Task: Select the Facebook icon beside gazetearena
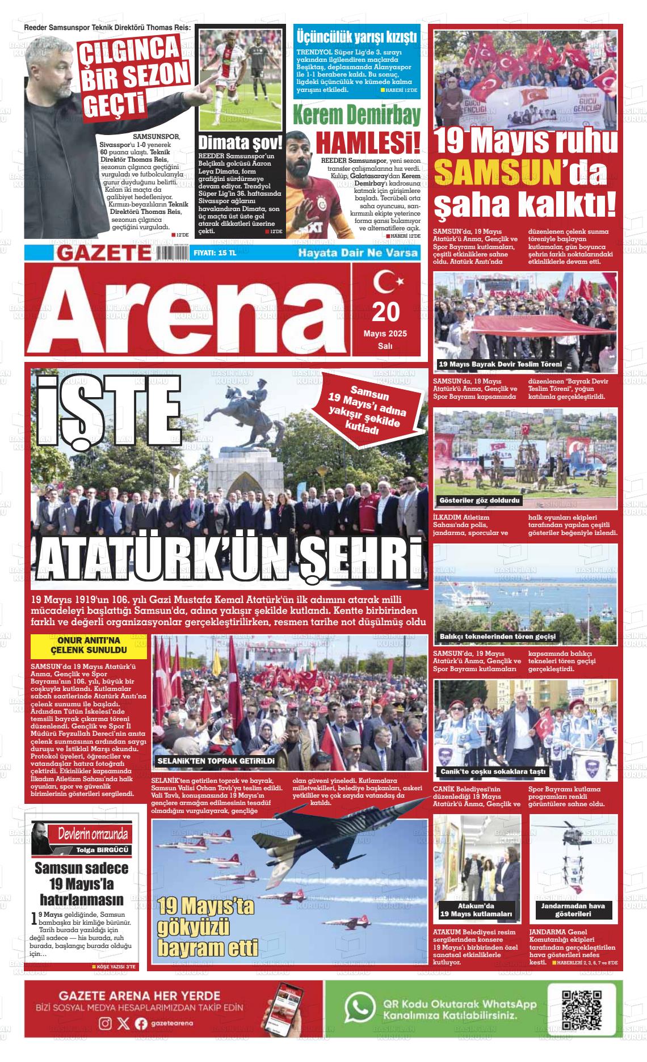[141, 1023]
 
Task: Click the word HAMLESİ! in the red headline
[368, 142]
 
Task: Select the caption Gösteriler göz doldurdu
[480, 501]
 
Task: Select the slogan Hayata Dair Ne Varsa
[358, 253]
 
